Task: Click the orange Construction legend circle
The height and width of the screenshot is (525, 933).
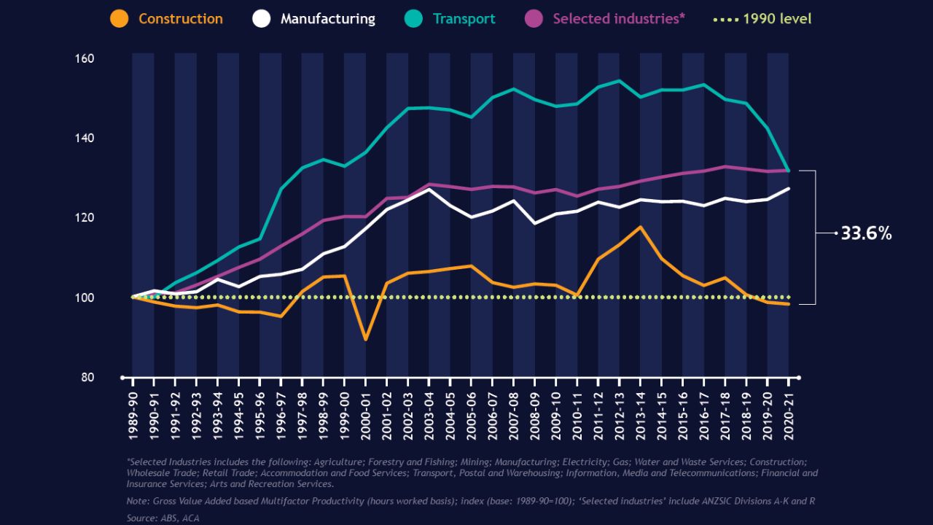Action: click(119, 18)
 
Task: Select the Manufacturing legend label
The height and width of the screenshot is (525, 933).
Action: click(327, 19)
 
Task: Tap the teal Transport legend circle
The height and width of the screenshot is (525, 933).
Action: click(413, 18)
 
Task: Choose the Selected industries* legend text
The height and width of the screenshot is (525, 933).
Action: click(619, 19)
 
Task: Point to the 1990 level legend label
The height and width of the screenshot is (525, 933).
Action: click(777, 19)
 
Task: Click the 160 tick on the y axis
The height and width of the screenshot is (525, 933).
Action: click(85, 58)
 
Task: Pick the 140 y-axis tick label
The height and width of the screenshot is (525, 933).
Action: click(85, 138)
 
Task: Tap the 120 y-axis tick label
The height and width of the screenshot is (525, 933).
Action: click(85, 218)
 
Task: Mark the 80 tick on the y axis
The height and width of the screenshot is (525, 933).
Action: click(87, 378)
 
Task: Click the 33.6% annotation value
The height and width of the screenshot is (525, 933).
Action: click(866, 233)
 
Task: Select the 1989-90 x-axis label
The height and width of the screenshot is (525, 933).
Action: click(133, 413)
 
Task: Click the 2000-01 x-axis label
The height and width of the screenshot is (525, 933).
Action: click(366, 413)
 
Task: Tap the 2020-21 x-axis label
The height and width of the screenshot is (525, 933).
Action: click(789, 413)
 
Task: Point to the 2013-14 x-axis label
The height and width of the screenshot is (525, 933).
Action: click(641, 413)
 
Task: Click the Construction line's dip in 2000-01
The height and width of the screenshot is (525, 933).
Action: click(365, 339)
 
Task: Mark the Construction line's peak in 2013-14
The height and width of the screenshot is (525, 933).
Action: click(640, 227)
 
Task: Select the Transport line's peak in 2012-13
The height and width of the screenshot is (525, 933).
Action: click(619, 81)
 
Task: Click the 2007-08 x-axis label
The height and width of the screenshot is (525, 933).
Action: click(514, 413)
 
